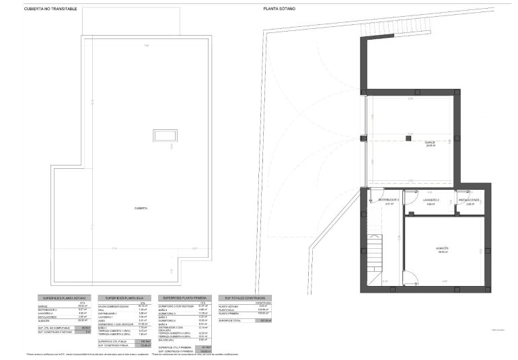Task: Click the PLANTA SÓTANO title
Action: tap(279, 9)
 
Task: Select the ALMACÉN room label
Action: tap(441, 248)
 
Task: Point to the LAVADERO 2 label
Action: tap(431, 200)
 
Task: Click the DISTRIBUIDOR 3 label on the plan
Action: tap(388, 200)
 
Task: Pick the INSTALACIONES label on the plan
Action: tap(470, 200)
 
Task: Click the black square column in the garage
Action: tap(409, 138)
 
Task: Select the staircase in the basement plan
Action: tap(373, 255)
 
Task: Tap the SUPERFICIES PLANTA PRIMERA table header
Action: tap(184, 297)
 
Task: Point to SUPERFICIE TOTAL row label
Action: tap(231, 321)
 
